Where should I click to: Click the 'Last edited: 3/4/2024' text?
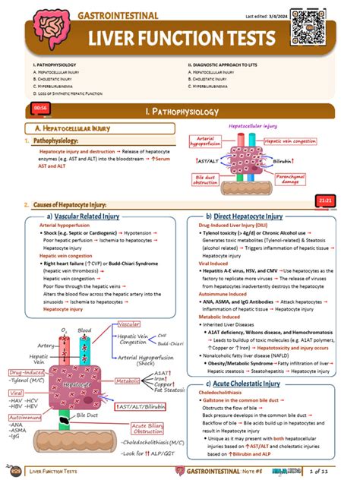[x=283, y=16]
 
